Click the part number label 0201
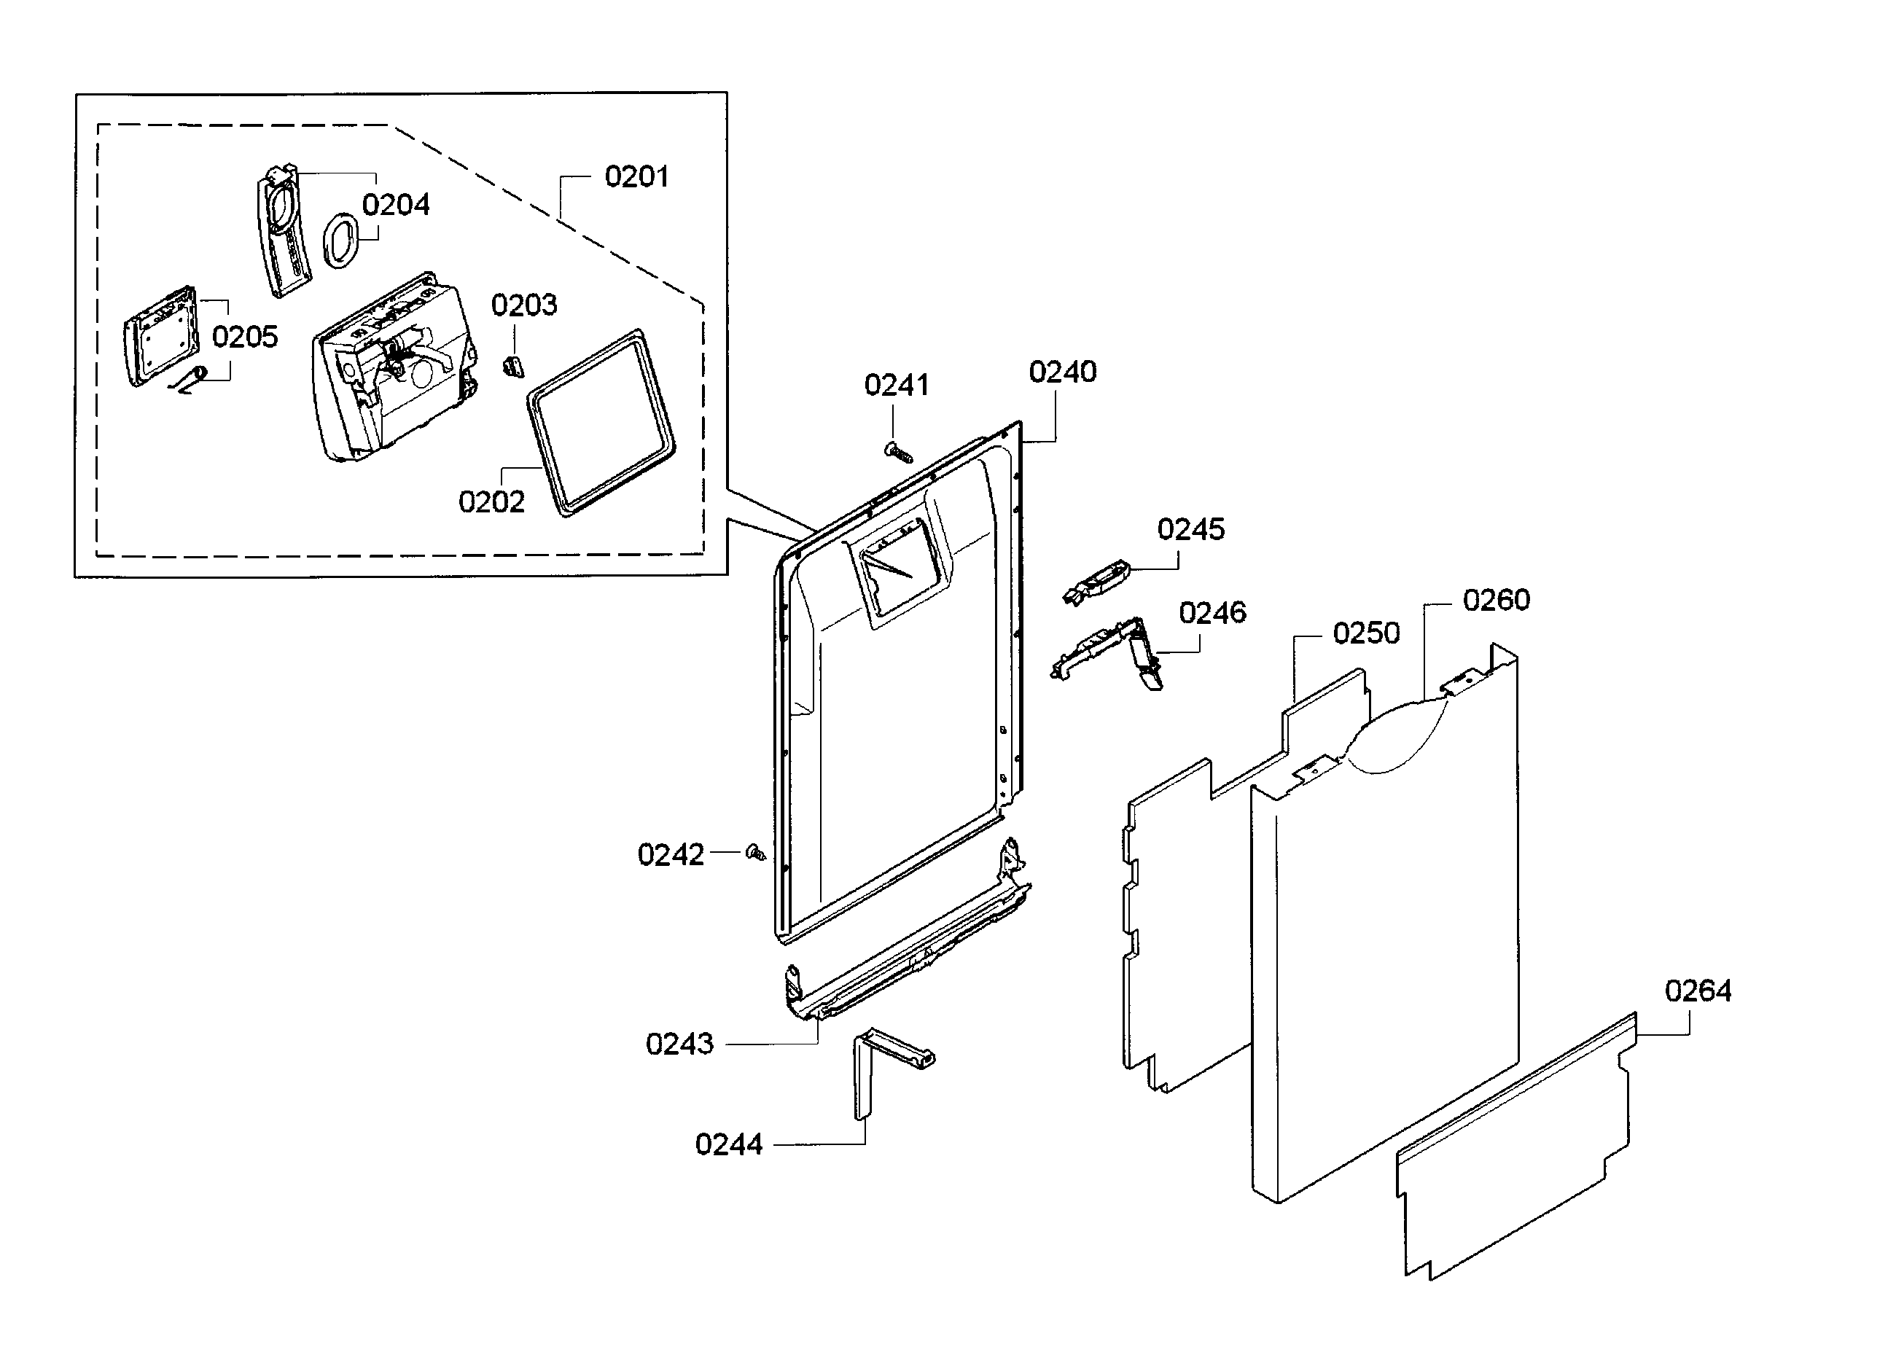tap(636, 177)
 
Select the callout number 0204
tap(395, 205)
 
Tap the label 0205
tap(244, 337)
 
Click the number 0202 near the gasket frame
tap(491, 501)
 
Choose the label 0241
tap(896, 386)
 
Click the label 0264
tap(1697, 991)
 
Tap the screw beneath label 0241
tap(898, 453)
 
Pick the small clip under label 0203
tap(513, 366)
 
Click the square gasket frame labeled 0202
tap(600, 422)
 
